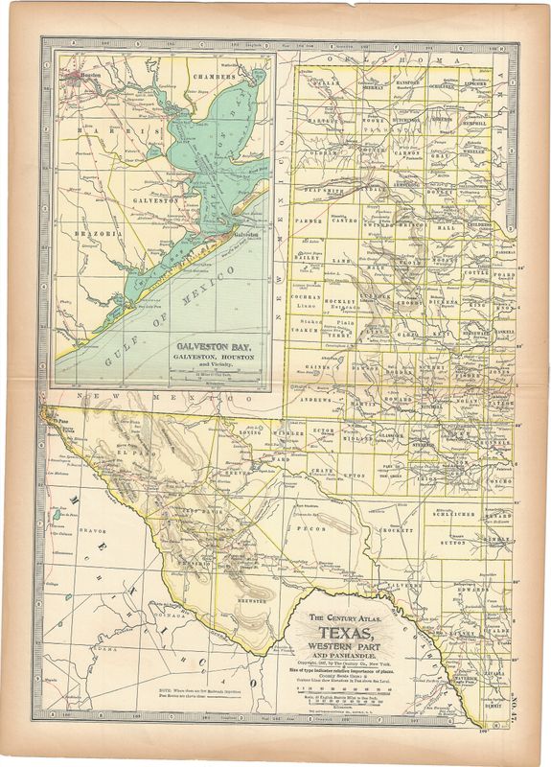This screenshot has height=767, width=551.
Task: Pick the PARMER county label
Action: [308, 222]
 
